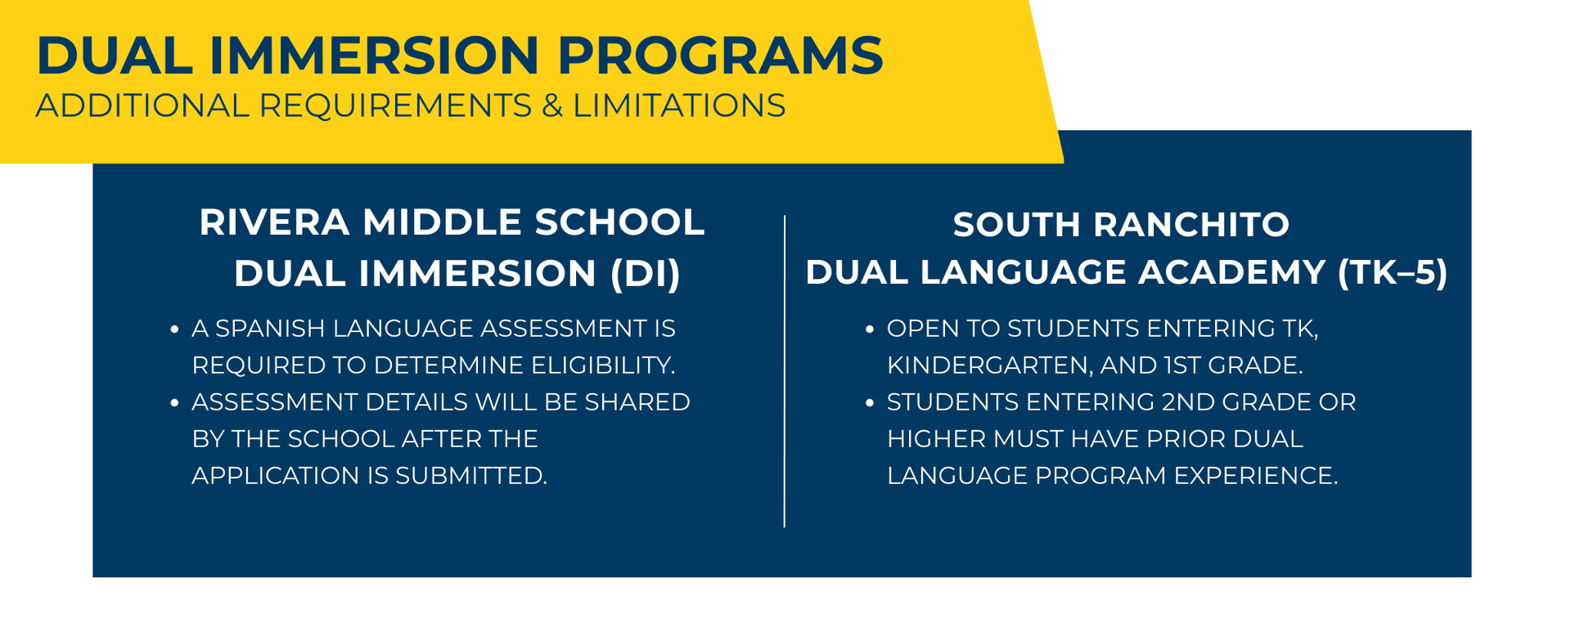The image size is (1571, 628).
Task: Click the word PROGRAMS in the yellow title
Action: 720,56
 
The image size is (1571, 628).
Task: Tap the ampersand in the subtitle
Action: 552,106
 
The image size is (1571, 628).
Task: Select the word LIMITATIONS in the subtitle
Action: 679,106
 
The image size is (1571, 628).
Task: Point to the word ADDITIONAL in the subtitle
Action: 142,106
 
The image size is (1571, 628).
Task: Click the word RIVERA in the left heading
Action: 274,222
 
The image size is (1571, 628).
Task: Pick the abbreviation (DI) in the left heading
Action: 646,273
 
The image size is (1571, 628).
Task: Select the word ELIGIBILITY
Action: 603,366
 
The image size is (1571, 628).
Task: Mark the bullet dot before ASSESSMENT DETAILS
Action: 174,403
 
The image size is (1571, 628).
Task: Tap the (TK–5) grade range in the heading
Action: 1392,273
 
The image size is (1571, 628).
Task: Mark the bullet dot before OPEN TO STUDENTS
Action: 869,330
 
